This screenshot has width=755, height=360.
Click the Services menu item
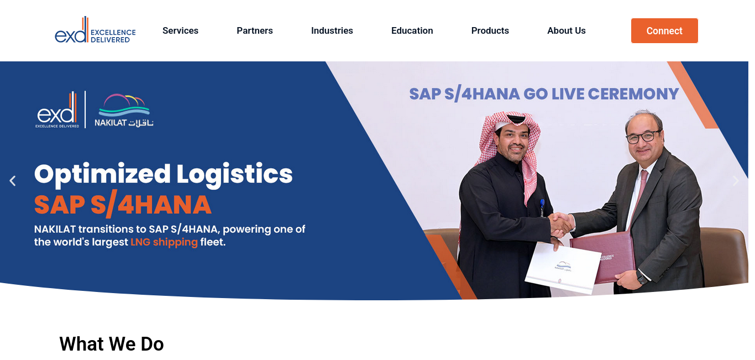point(180,30)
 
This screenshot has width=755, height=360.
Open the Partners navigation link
point(254,30)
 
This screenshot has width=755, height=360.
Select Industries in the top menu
point(332,30)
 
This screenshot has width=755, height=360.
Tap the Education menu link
point(412,30)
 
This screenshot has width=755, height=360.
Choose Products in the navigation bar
point(490,30)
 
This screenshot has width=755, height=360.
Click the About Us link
point(566,30)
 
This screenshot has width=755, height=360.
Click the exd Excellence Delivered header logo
point(95,30)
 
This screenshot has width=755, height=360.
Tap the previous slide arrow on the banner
point(13,181)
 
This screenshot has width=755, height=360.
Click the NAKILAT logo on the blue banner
point(124,110)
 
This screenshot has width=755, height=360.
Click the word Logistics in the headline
point(234,174)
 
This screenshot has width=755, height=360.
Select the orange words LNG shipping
point(164,242)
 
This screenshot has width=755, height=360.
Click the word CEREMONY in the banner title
point(633,93)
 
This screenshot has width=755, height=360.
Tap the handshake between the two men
point(561,225)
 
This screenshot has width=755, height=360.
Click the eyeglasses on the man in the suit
point(643,137)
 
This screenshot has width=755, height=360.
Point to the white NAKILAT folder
point(563,268)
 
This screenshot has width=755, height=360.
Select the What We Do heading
point(112,344)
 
